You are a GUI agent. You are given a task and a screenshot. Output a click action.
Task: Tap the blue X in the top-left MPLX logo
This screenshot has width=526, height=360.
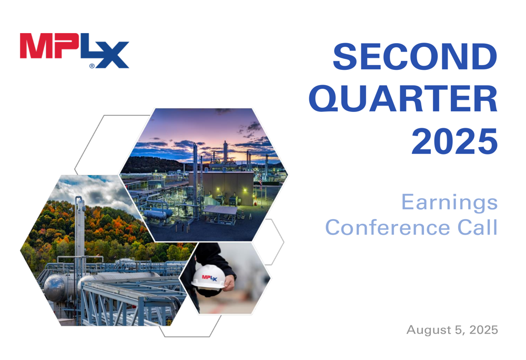click(x=113, y=56)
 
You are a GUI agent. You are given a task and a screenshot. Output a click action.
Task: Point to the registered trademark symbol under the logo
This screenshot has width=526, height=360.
click(x=92, y=66)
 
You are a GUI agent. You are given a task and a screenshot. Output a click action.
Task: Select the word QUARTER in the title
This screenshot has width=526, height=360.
click(x=403, y=99)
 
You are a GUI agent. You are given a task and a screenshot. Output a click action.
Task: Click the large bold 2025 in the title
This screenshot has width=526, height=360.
click(x=454, y=141)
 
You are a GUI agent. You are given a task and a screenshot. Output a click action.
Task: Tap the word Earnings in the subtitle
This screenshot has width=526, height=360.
click(x=449, y=202)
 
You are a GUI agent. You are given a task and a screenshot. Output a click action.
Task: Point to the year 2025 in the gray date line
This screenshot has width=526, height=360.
click(x=483, y=330)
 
